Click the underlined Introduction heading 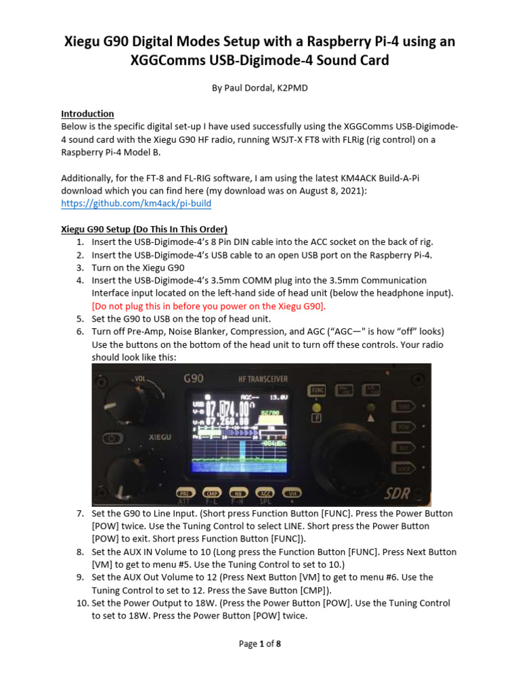[87, 114]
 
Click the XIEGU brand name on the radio [160, 438]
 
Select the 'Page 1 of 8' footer [259, 644]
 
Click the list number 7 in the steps [79, 514]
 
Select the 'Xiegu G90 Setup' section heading [144, 228]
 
